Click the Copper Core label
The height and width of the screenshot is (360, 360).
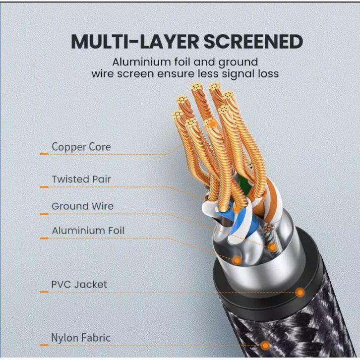point(81,147)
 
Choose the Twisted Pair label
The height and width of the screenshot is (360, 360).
point(82,179)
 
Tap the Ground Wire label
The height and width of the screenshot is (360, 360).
point(82,206)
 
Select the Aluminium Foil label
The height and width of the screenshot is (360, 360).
point(88,231)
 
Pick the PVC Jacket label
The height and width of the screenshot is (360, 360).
point(79,285)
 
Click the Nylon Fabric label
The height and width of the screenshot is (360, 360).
point(81,338)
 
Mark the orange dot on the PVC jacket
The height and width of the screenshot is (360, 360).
point(300,293)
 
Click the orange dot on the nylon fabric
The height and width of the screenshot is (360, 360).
point(265,346)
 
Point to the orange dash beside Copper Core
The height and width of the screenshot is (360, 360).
point(44,154)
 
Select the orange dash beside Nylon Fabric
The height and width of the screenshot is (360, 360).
point(44,346)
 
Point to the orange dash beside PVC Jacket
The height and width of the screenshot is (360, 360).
point(44,292)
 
